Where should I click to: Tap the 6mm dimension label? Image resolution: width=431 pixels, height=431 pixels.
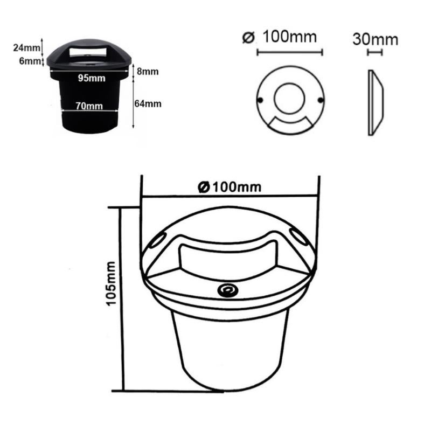[x=30, y=61]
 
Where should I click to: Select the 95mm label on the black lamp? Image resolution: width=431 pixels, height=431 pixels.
[x=91, y=79]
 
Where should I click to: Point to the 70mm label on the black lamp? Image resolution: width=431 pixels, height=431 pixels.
[x=89, y=106]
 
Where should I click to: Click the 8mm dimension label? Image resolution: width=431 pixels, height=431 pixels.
[x=147, y=72]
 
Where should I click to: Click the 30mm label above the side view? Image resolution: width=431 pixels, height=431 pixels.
[x=375, y=39]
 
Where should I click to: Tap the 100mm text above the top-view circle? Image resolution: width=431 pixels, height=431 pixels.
[x=289, y=38]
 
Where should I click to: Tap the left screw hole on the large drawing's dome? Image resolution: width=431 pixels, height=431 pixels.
[x=156, y=241]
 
